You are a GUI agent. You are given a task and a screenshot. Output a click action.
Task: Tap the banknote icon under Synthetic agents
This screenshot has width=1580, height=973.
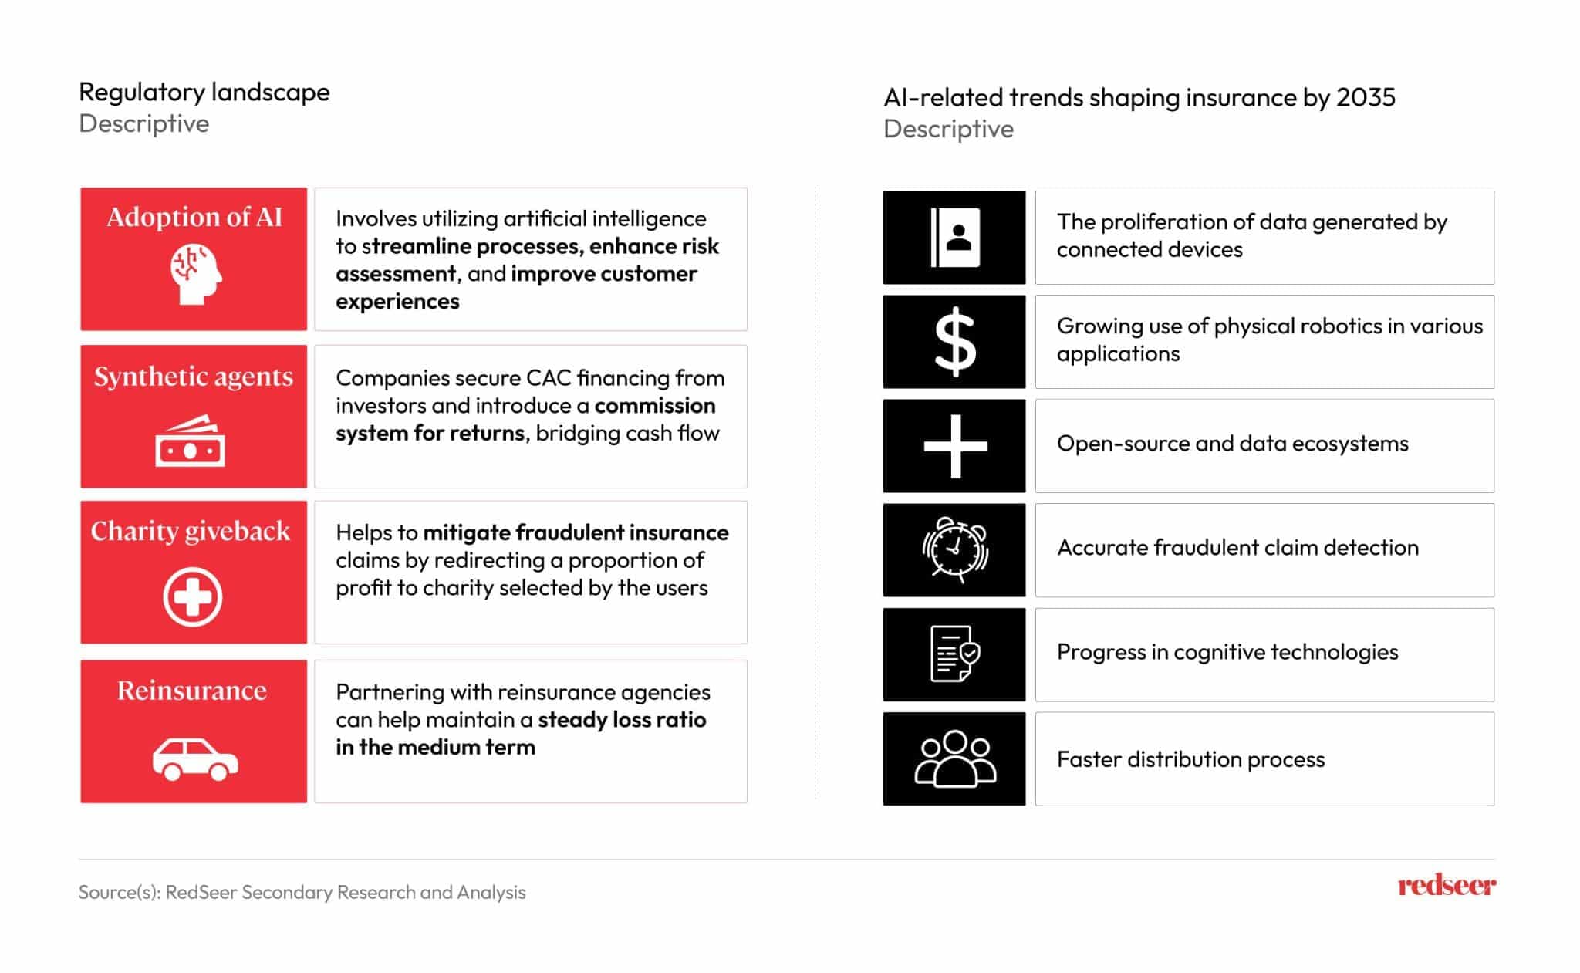(191, 441)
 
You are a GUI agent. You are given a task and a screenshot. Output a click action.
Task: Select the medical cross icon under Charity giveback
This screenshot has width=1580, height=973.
(193, 596)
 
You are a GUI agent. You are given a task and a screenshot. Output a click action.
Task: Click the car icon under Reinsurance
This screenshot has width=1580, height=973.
(195, 759)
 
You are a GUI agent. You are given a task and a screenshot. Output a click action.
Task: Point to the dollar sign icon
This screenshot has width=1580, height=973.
(955, 342)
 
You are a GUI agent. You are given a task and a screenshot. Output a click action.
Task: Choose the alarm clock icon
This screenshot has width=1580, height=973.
(955, 549)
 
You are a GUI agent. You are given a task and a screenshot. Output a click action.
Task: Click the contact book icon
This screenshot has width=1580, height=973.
(955, 238)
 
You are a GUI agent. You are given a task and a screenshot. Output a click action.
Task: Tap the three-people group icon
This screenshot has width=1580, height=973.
(955, 758)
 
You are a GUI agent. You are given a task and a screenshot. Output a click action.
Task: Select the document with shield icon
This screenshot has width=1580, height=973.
(955, 654)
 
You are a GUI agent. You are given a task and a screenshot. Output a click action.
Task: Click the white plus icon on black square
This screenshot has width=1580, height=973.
(955, 446)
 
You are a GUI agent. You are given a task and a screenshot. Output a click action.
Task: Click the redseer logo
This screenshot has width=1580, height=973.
(1447, 885)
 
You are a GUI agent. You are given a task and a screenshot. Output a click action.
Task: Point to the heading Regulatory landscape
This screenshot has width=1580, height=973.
(204, 92)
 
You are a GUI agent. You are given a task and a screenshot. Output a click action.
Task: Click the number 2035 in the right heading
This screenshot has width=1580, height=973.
(1366, 97)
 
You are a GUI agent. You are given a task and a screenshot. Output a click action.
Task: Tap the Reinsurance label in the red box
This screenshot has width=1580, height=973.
(192, 690)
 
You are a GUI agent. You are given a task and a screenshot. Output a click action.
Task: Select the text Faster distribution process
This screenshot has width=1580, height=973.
(1190, 759)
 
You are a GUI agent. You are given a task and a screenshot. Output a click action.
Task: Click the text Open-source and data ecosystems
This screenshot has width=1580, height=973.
(1232, 444)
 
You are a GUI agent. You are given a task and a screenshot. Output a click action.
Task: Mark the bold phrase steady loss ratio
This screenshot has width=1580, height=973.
(622, 720)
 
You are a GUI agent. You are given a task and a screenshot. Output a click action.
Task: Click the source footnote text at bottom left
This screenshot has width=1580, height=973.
(302, 892)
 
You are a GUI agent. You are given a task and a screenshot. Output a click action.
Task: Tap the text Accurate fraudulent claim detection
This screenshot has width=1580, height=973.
(1237, 548)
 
